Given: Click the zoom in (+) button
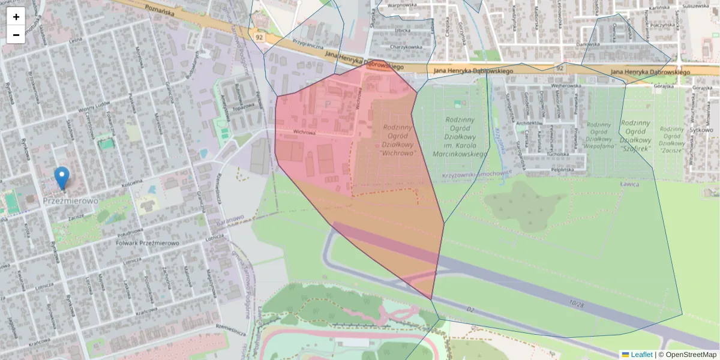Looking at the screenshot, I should click(16, 17).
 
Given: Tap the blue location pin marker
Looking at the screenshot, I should click(61, 178).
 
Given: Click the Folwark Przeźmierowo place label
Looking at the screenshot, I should click(147, 243).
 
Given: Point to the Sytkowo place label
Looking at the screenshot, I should click(701, 130).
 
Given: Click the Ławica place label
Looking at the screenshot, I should click(629, 185).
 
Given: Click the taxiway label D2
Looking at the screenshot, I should click(470, 309).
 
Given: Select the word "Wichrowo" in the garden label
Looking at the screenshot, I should click(398, 154).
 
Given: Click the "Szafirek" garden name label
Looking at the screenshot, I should click(635, 147).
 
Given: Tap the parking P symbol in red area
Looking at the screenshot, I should click(327, 104).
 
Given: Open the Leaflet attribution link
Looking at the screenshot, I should click(641, 355).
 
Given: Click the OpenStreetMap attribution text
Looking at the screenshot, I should click(691, 355).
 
